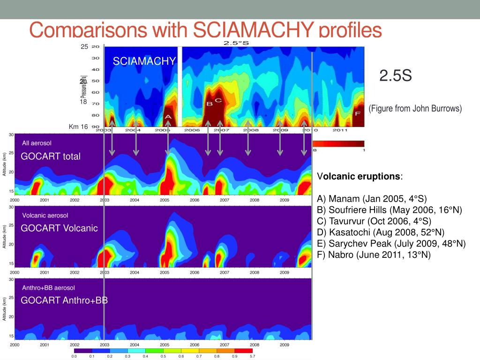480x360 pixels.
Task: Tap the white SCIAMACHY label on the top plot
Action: [144, 61]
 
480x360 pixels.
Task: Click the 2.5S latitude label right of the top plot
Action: [395, 75]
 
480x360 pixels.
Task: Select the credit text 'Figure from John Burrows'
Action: [415, 108]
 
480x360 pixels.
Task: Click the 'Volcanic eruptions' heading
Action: [360, 177]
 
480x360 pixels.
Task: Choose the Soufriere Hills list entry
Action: [389, 210]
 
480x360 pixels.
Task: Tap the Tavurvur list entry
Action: [374, 221]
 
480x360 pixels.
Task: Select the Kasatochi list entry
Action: [381, 232]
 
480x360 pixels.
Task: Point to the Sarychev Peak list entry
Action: [391, 243]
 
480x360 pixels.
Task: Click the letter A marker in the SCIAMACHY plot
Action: [168, 117]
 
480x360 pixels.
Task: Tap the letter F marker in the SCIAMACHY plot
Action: [358, 113]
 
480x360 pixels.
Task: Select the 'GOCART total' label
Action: [51, 157]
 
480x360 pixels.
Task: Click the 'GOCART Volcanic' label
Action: [59, 228]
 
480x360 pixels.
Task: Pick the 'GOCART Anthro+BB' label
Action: [64, 300]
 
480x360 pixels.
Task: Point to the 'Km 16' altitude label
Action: [78, 127]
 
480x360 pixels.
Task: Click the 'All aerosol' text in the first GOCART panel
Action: [37, 142]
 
